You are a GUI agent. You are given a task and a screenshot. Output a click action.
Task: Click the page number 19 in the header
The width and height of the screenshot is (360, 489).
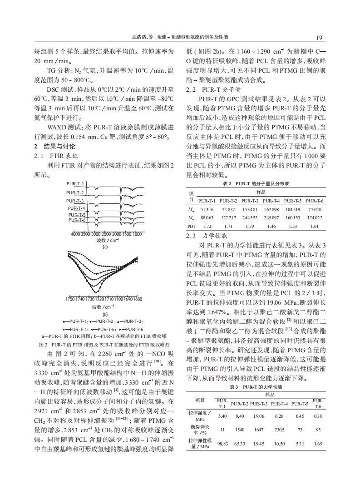[x=319, y=37]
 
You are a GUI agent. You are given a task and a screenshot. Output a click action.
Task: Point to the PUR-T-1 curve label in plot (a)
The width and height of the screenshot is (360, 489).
[x=75, y=183]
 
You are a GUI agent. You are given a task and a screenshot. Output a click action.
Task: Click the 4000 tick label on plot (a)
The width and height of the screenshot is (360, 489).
[x=76, y=234]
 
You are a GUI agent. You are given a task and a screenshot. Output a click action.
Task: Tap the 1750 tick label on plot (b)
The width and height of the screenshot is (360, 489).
[x=70, y=299]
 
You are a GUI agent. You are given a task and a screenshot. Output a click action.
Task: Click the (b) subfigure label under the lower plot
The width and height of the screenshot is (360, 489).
[x=105, y=314]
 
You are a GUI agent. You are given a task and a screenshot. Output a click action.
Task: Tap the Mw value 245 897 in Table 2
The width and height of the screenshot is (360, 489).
[x=271, y=217]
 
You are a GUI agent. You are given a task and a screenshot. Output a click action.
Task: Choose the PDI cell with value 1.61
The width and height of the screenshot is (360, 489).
[x=314, y=226]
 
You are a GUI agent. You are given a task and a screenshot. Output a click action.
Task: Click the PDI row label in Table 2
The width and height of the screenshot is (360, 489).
[x=191, y=226]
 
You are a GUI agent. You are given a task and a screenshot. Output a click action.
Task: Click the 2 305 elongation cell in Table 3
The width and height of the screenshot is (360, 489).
[x=279, y=429]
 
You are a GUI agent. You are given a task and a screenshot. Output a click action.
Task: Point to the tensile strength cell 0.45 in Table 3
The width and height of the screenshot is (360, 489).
[x=300, y=416]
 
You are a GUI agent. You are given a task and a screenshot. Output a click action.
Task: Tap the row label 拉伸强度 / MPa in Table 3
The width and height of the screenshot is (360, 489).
[x=200, y=416]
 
